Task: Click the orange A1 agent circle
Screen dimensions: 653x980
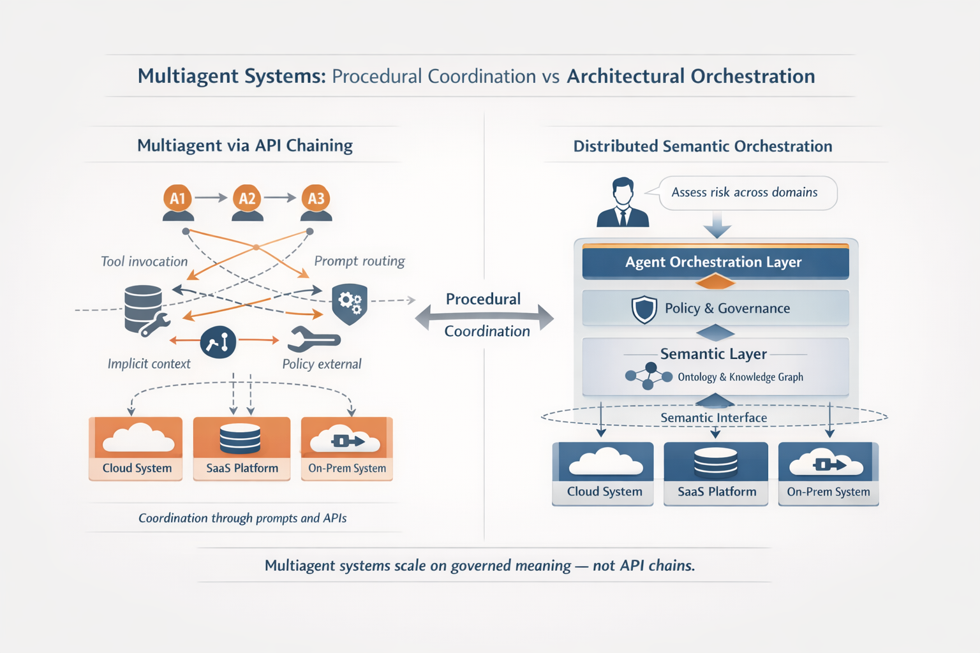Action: [x=177, y=198]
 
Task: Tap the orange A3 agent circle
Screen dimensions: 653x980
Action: [x=316, y=198]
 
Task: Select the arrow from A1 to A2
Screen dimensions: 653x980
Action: [x=211, y=198]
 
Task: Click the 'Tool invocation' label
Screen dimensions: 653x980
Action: [x=144, y=261]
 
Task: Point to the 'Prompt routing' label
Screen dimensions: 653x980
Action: [x=359, y=261]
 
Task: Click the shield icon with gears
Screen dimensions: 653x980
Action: [x=350, y=302]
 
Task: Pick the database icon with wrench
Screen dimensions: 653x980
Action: [x=145, y=310]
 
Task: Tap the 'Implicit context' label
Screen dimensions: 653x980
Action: [x=149, y=363]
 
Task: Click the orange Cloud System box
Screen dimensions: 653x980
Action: [x=136, y=448]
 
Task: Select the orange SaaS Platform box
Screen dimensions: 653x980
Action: [x=242, y=448]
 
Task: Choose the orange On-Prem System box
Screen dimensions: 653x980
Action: [x=347, y=448]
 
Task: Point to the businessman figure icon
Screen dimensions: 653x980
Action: [x=622, y=203]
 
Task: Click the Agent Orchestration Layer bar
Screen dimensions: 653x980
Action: [x=715, y=262]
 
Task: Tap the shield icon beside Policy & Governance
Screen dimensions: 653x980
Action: [x=644, y=309]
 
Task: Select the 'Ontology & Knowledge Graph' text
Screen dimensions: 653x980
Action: [x=740, y=377]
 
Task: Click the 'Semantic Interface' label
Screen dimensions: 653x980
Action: [x=713, y=418]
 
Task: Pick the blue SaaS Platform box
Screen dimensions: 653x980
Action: [x=716, y=473]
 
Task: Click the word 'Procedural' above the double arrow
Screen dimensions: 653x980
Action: [x=483, y=298]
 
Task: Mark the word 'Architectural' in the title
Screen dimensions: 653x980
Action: [x=626, y=76]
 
